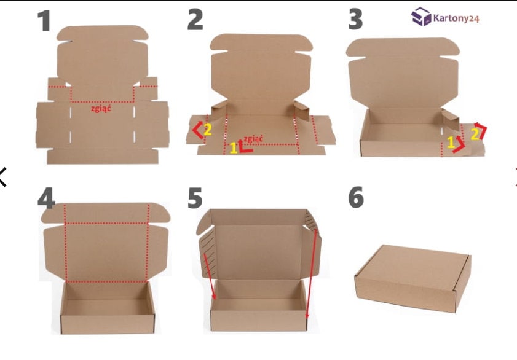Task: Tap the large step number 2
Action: coord(195,20)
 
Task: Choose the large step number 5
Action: coord(195,198)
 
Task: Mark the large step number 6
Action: coord(355,198)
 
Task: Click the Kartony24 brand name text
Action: coord(456,17)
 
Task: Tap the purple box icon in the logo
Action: coord(421,17)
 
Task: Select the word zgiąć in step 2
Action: coord(254,138)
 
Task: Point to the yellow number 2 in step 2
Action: coord(208,130)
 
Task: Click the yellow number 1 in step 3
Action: coord(451,143)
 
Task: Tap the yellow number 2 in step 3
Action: coord(474,133)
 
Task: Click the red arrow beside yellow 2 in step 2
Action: coord(197,130)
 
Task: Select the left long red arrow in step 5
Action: coord(208,270)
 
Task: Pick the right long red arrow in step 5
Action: coord(310,276)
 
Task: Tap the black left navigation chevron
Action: coord(3,176)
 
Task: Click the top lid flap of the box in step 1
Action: coord(102,55)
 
